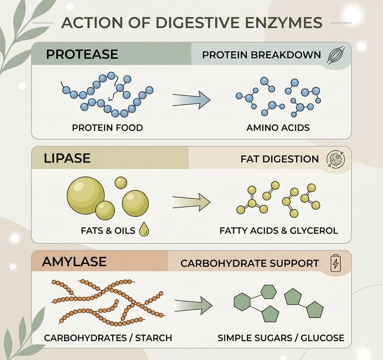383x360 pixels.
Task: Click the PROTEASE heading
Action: pos(82,54)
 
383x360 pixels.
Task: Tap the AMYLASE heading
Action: pos(74,262)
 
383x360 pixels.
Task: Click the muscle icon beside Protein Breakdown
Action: pos(333,55)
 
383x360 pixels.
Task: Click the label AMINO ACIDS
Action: pos(278,128)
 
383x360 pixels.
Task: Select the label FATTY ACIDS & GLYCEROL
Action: pos(279,231)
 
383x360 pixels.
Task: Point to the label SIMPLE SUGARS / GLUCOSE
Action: pos(281,338)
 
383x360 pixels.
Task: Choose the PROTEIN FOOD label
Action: pos(107,128)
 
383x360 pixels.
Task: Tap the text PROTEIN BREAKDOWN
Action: pos(261,55)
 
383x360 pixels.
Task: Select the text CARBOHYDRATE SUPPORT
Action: pos(249,263)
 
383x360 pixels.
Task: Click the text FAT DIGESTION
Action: pos(279,159)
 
